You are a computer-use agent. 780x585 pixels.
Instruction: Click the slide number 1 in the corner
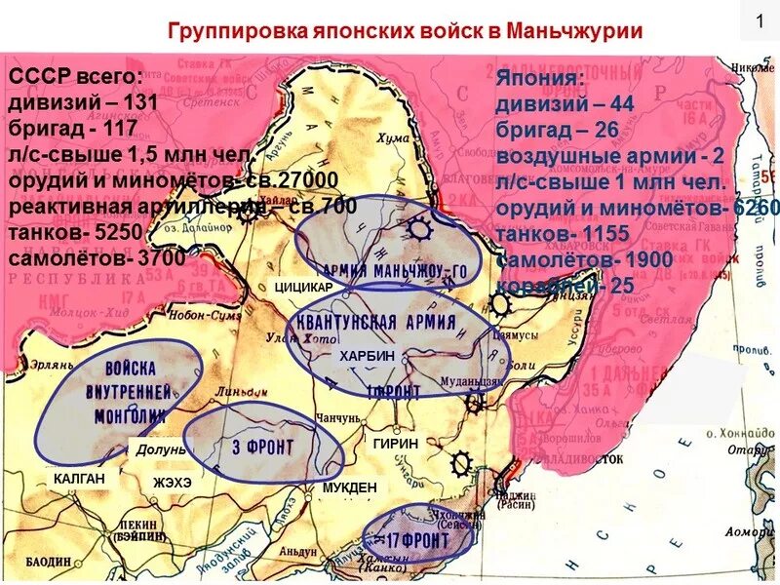[759, 20]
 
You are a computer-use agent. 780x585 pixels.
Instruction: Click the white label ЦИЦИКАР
[303, 287]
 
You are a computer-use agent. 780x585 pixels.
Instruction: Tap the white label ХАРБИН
[367, 356]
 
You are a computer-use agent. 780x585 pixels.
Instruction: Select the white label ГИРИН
[395, 443]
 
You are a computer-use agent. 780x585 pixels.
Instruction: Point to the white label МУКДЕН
[349, 486]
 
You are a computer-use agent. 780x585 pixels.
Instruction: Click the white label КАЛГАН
[80, 479]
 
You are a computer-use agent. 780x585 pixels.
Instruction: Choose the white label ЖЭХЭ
[172, 482]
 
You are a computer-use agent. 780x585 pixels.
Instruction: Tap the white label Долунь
[160, 449]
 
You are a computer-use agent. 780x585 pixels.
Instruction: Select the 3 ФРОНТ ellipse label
[262, 448]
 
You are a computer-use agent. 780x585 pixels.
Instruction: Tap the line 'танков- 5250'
[77, 231]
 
